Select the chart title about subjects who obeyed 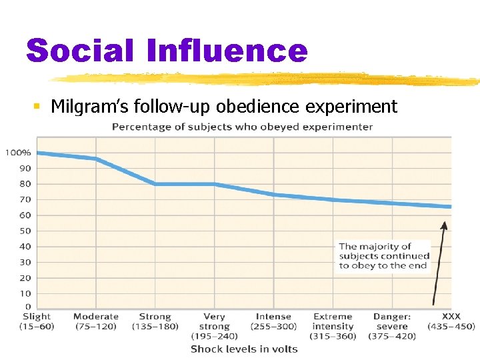pos(242,127)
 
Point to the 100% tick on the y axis pos(18,153)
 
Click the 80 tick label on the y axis pos(25,184)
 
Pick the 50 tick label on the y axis pos(25,231)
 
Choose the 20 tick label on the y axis pos(25,278)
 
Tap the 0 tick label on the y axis pos(28,307)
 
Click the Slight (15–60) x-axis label pos(37,321)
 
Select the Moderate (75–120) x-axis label pos(96,321)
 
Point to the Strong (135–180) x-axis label pos(155,321)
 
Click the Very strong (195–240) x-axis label pos(214,326)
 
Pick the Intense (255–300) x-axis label pos(273,321)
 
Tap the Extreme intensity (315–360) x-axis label pos(333,326)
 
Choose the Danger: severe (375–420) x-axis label pos(392,326)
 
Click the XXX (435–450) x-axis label pos(451,321)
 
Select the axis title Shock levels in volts pos(244,349)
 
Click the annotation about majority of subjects pos(384,256)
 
